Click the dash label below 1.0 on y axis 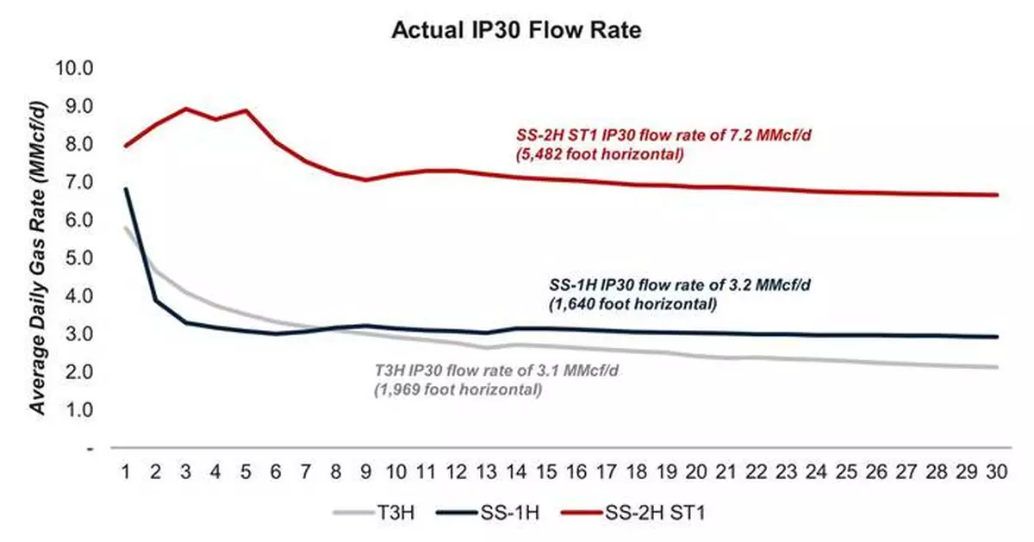[88, 448]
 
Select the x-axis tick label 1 [126, 472]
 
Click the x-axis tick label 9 [366, 472]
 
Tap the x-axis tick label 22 [757, 472]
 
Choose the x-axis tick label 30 [998, 472]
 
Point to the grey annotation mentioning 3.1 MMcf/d [498, 380]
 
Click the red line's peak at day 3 [186, 109]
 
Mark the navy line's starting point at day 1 [126, 189]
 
